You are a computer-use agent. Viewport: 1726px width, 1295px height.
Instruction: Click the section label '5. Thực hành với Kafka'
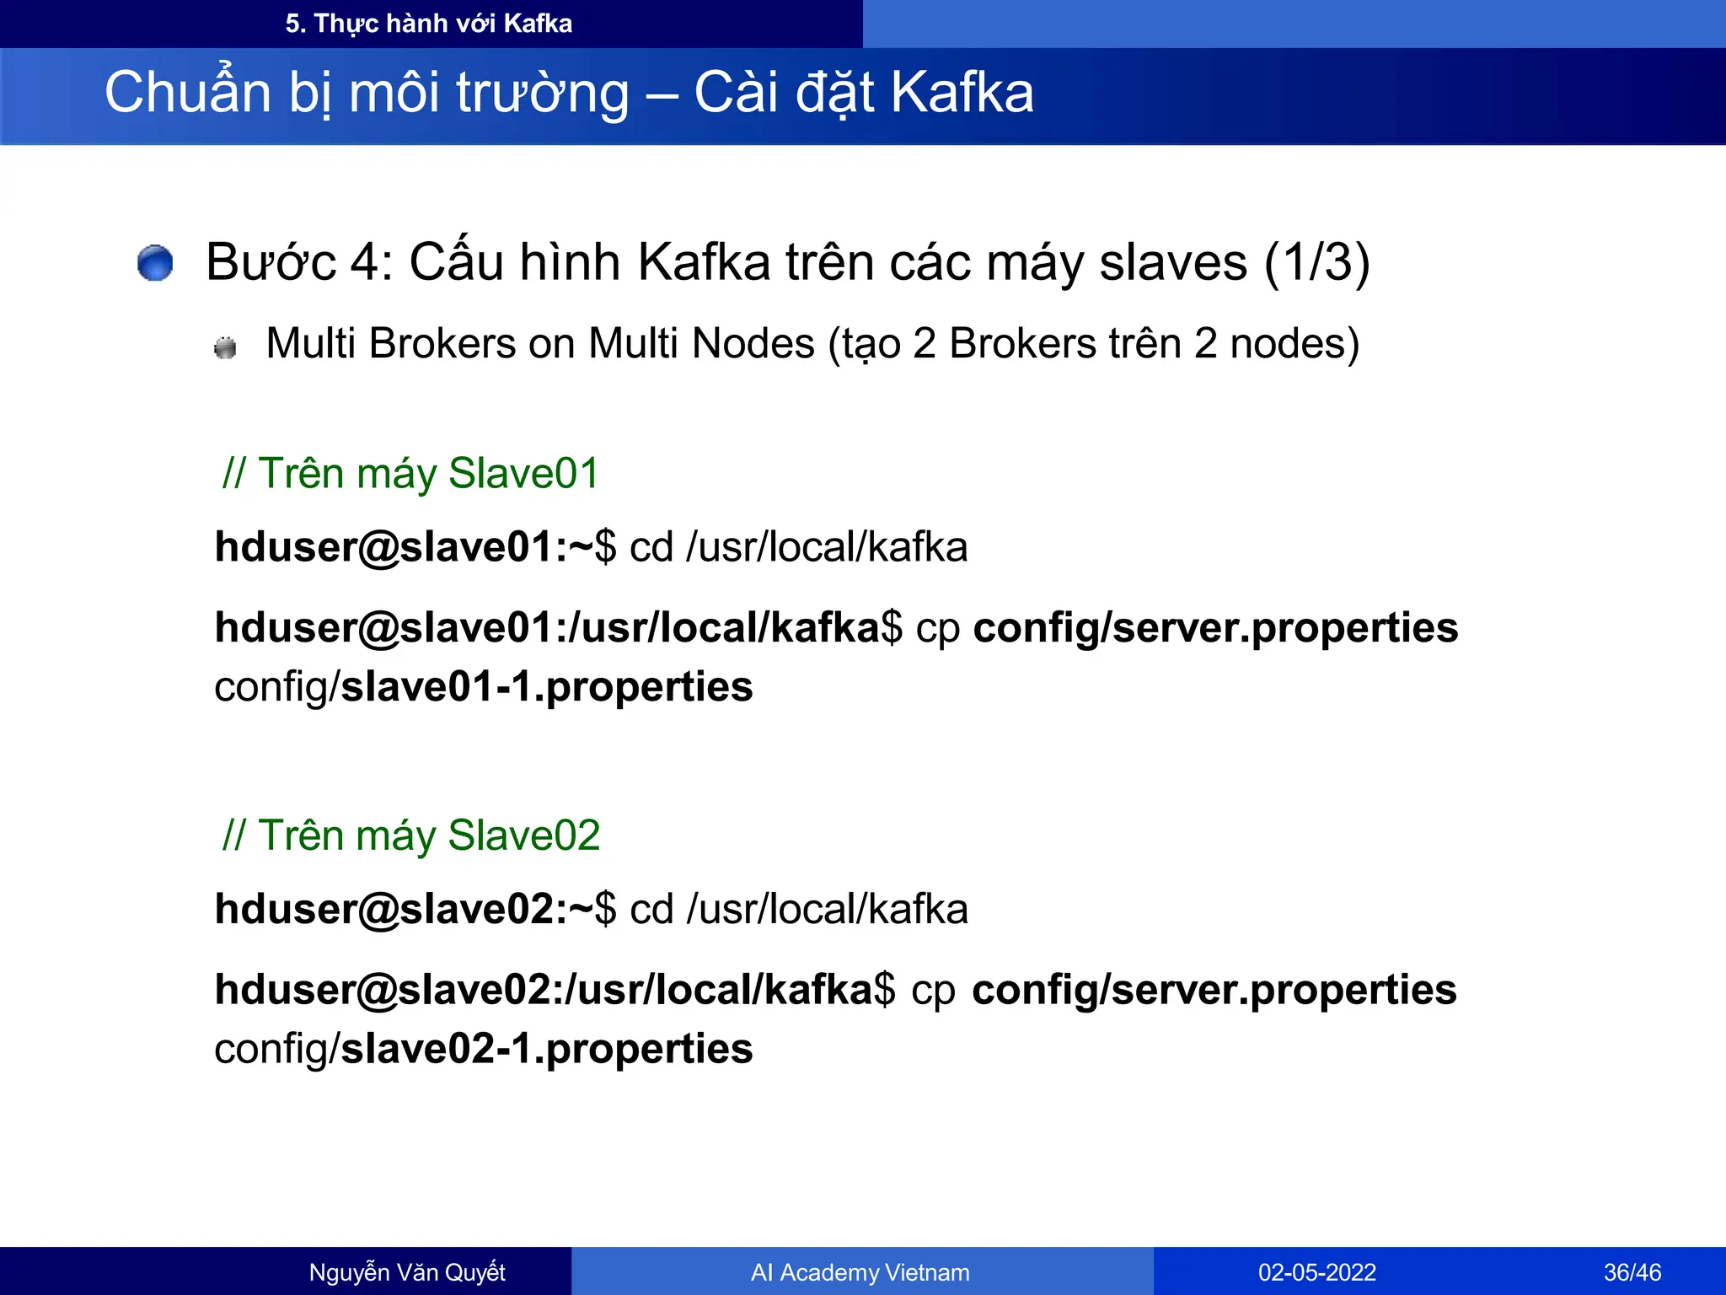point(428,24)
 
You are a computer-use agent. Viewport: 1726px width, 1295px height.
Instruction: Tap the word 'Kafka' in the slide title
point(962,93)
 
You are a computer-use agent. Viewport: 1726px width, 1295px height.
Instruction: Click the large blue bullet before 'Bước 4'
point(155,263)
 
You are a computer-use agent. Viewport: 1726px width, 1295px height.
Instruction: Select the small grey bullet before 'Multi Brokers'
point(225,347)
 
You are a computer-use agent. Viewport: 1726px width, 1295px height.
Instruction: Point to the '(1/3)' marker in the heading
point(1316,262)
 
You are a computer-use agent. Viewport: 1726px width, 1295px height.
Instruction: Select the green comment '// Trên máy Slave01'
point(410,473)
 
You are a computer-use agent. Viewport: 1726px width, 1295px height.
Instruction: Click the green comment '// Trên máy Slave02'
point(410,836)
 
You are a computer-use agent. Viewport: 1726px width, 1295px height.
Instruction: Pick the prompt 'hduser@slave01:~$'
point(415,547)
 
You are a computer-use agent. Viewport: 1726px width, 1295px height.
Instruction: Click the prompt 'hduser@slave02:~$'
point(415,910)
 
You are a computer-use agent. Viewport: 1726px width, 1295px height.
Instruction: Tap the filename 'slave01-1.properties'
point(546,687)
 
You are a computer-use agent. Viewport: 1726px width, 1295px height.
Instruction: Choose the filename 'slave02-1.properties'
point(546,1050)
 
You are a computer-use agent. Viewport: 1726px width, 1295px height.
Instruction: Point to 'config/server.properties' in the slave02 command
point(1214,991)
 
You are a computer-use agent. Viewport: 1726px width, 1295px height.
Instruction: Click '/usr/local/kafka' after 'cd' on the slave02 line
point(827,910)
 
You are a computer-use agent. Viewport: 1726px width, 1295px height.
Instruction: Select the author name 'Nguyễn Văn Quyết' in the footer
point(407,1272)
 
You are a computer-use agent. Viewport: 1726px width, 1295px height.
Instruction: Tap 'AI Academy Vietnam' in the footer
point(860,1272)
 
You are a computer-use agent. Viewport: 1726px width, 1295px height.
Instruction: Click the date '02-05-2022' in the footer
point(1316,1272)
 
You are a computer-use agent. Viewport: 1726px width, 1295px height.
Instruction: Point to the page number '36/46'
point(1632,1272)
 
